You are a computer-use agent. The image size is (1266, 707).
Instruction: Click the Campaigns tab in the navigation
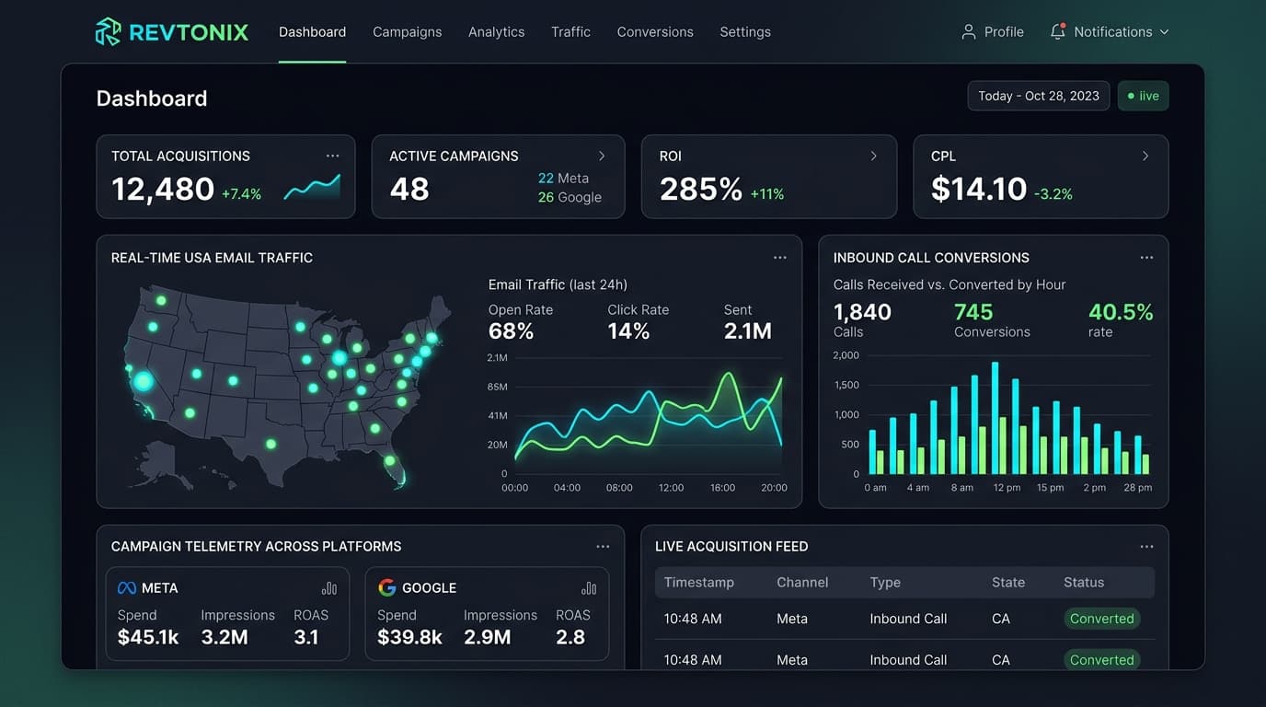click(407, 32)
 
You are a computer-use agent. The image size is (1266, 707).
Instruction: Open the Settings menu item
click(745, 32)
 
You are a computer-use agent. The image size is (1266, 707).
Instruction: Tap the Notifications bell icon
click(1057, 31)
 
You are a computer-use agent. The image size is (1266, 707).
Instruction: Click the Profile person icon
click(969, 31)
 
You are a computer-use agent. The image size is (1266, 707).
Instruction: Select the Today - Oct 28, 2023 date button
click(1039, 96)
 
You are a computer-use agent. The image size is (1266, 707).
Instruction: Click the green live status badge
click(1143, 96)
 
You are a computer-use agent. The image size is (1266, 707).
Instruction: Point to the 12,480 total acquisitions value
click(163, 189)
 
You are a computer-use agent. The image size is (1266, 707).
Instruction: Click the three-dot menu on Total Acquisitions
click(332, 156)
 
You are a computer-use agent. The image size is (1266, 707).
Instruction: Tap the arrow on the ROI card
click(874, 156)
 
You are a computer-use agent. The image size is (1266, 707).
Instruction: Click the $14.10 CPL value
click(979, 189)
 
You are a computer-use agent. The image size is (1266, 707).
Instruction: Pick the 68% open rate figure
click(511, 330)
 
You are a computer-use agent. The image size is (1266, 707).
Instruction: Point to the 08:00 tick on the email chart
click(619, 488)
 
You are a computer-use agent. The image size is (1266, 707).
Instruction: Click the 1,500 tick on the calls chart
click(846, 385)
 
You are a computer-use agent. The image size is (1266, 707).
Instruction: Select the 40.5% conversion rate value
click(1121, 312)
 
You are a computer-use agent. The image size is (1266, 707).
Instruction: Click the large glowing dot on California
click(143, 381)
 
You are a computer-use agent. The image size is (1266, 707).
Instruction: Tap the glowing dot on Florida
click(389, 461)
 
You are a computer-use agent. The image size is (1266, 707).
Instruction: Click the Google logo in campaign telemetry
click(387, 587)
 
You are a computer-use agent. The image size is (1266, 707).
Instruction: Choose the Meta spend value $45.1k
click(148, 637)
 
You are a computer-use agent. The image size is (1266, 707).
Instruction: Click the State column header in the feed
click(1007, 583)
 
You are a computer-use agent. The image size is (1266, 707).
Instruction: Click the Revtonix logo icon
click(108, 31)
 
